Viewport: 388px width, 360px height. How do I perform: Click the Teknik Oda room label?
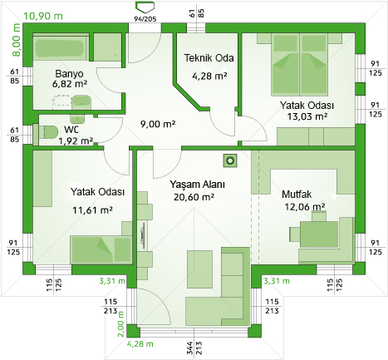(x=209, y=58)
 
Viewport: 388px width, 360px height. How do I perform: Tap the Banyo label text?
(x=69, y=74)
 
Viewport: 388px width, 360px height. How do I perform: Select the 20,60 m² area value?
(x=194, y=197)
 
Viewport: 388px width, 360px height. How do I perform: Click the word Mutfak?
(x=297, y=195)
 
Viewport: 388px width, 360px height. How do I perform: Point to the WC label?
(x=71, y=130)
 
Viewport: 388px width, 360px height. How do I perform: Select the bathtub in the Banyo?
(x=61, y=47)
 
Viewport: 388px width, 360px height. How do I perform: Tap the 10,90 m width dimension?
(x=43, y=16)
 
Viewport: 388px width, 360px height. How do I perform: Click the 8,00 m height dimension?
(x=16, y=40)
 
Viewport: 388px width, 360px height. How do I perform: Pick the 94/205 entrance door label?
(x=145, y=19)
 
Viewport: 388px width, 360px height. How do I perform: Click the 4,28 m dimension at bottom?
(x=140, y=344)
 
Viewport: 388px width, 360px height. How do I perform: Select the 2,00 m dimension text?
(x=121, y=324)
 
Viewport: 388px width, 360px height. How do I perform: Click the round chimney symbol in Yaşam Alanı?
(x=230, y=160)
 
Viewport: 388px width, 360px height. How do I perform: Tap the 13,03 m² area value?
(x=307, y=116)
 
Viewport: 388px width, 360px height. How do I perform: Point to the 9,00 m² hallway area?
(x=158, y=124)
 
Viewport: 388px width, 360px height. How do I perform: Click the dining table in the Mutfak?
(x=319, y=234)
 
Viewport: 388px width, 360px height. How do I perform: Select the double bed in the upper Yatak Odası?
(x=299, y=65)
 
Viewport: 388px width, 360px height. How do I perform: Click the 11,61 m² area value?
(x=92, y=210)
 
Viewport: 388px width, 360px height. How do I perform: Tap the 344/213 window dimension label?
(x=194, y=348)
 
